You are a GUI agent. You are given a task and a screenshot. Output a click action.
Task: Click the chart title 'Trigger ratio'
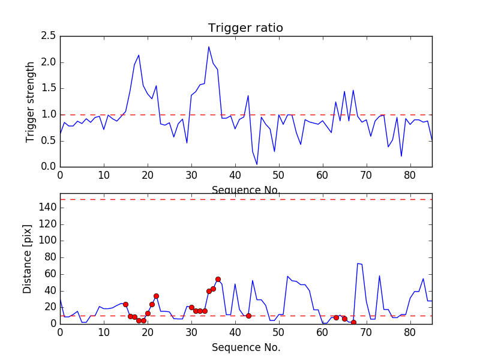(x=245, y=28)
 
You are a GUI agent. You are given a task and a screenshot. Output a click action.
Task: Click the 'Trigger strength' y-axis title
(x=31, y=101)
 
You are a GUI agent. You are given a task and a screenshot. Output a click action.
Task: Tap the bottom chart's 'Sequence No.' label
(x=246, y=347)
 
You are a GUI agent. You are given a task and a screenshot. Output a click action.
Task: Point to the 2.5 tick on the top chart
(x=49, y=36)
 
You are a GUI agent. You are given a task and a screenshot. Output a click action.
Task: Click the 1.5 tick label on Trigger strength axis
(x=49, y=88)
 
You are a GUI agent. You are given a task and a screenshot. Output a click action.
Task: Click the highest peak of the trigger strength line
(x=209, y=47)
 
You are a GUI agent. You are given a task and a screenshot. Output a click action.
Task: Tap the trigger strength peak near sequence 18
(x=139, y=55)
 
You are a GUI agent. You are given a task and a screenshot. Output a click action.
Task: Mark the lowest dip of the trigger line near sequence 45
(x=257, y=164)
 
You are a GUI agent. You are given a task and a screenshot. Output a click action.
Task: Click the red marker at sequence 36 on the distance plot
(x=218, y=279)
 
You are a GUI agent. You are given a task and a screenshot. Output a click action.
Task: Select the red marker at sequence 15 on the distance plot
(x=125, y=304)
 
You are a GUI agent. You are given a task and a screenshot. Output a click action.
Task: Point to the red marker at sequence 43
(x=248, y=316)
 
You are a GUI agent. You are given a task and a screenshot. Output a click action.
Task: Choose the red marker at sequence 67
(x=353, y=322)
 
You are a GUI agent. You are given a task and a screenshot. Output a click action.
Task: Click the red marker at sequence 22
(x=156, y=296)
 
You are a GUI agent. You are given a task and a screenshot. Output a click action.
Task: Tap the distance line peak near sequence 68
(x=358, y=263)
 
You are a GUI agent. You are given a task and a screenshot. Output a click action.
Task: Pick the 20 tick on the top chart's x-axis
(x=148, y=175)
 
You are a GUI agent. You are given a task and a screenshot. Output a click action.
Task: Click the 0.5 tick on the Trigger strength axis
(x=49, y=140)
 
